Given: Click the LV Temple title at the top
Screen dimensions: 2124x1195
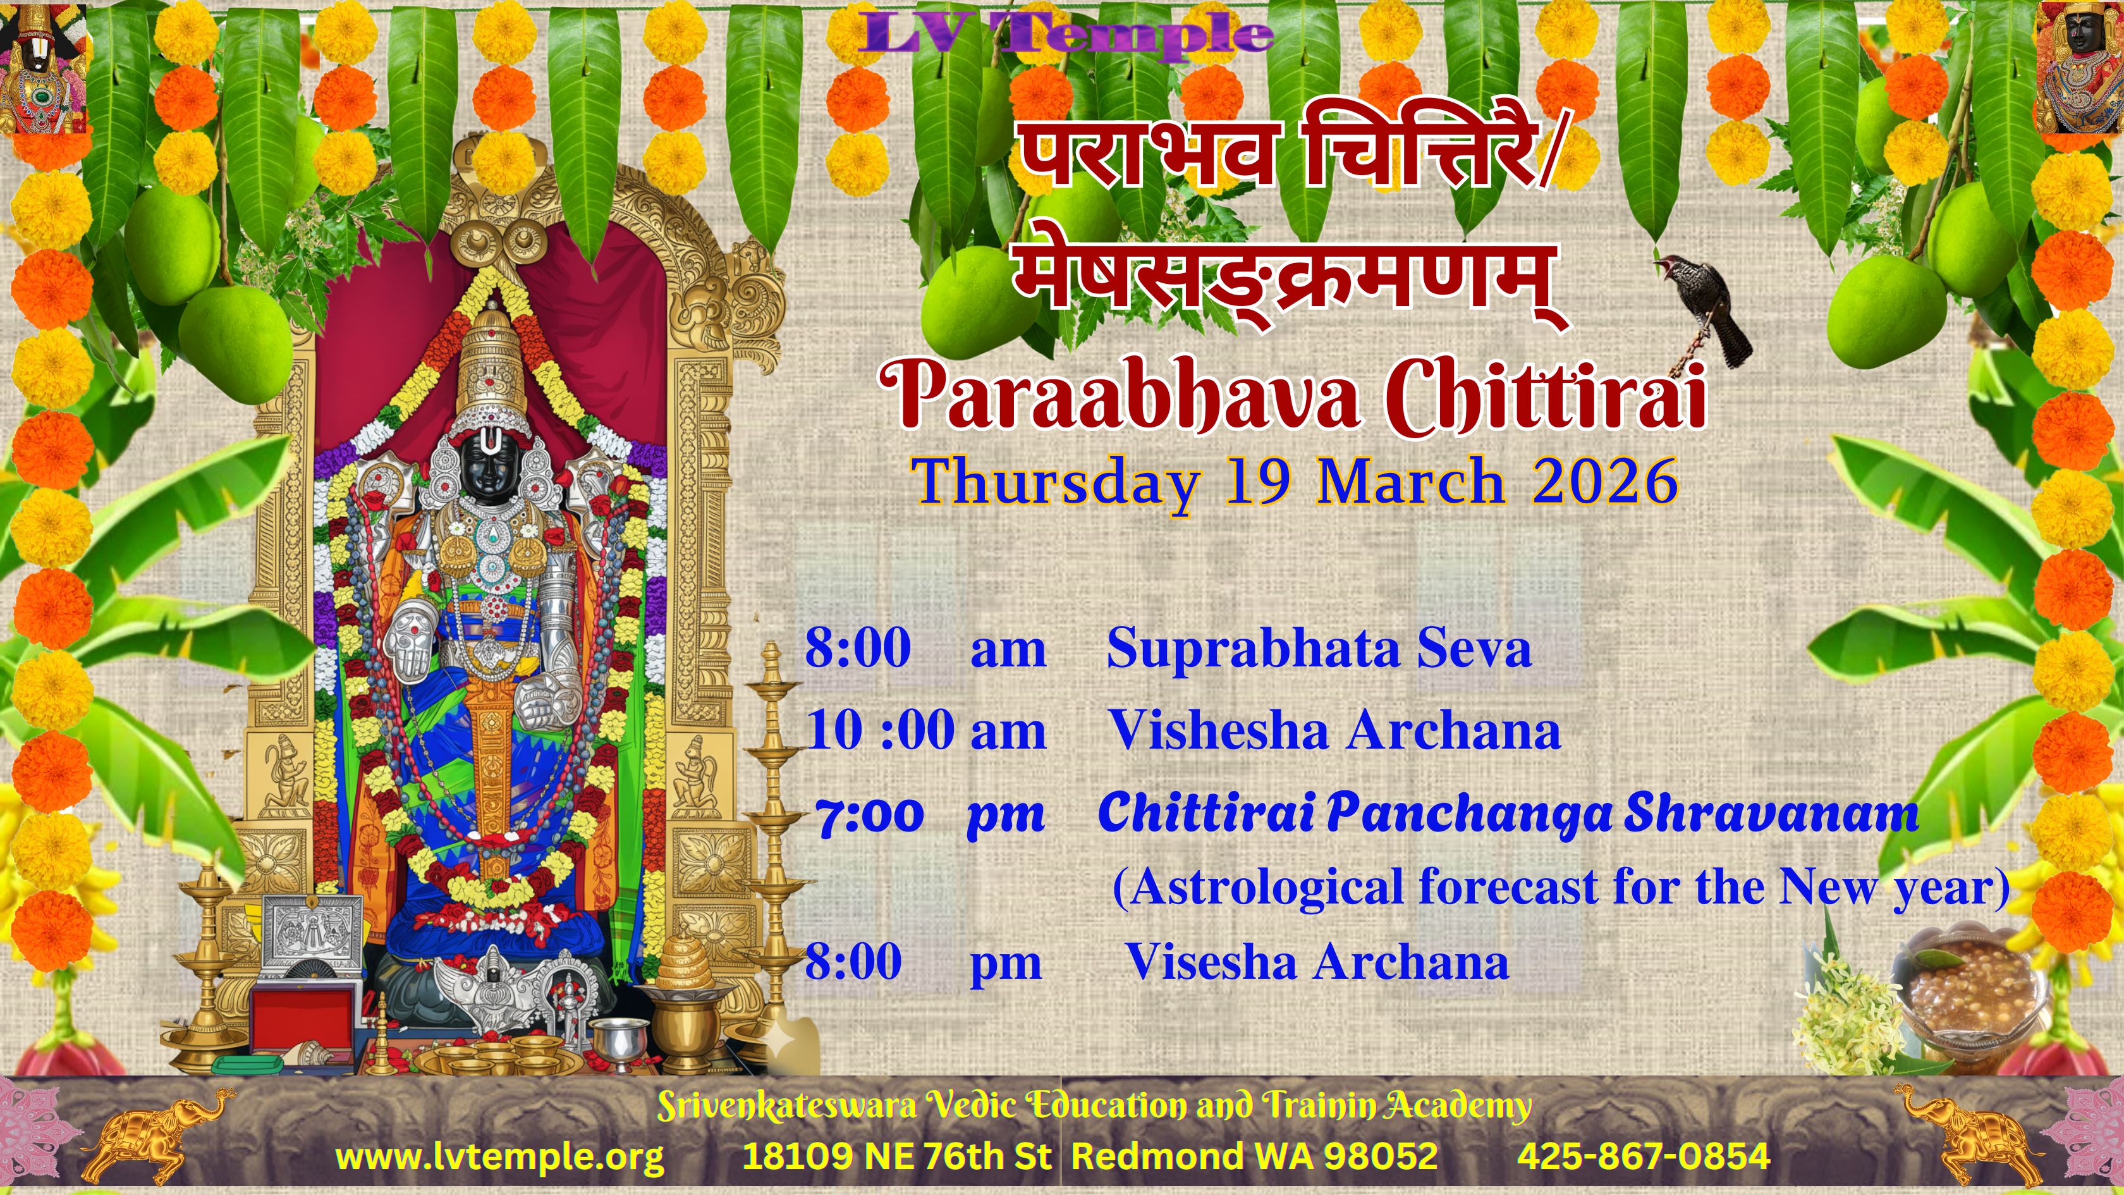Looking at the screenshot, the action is point(1066,35).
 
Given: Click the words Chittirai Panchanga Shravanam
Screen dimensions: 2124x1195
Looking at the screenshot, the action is point(1508,813).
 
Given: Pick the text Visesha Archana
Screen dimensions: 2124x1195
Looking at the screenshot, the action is point(1317,962).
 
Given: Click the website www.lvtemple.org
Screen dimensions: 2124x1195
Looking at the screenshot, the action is point(499,1156).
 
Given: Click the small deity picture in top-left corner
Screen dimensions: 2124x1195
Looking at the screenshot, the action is point(43,68).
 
